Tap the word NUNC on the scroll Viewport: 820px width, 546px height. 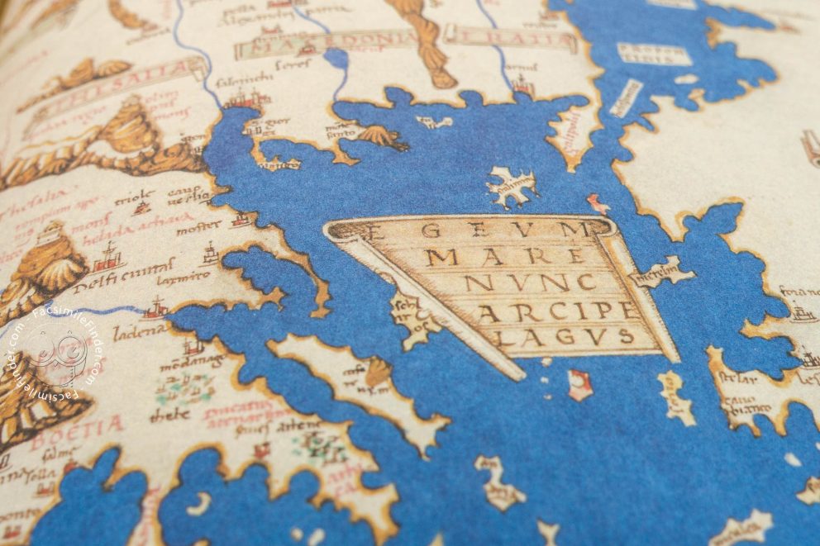(x=517, y=283)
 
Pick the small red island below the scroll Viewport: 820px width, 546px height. (x=579, y=384)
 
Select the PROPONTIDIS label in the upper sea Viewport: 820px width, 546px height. (x=653, y=54)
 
